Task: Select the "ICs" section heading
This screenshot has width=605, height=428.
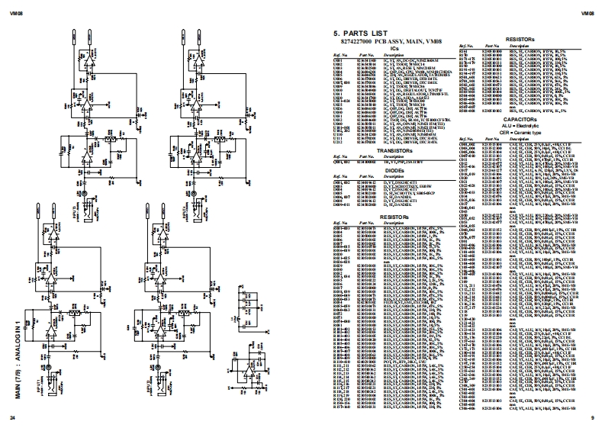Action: click(394, 48)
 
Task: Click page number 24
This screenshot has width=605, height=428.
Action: click(12, 418)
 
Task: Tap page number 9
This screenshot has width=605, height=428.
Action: click(592, 418)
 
